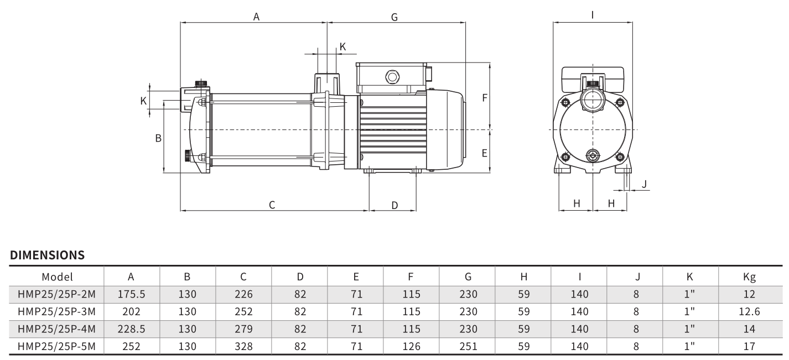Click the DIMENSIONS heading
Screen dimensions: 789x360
click(x=47, y=255)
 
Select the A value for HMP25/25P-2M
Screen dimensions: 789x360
click(x=131, y=294)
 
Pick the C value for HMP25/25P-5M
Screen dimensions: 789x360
click(x=243, y=347)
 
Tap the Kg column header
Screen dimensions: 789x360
click(x=749, y=277)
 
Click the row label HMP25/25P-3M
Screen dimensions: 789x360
click(x=56, y=312)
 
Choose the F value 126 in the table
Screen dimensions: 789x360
click(x=412, y=347)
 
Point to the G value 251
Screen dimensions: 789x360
click(x=468, y=347)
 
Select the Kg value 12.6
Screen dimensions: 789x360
click(x=749, y=312)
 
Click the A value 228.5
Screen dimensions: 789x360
click(x=131, y=329)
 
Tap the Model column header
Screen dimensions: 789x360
click(x=57, y=277)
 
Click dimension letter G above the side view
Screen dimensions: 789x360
click(x=395, y=17)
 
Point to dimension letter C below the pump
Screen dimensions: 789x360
click(x=272, y=205)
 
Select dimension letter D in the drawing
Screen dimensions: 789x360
click(x=395, y=206)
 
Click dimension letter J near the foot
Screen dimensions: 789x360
click(x=645, y=184)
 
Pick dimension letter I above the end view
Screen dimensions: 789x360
click(x=593, y=15)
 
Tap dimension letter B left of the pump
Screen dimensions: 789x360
click(x=158, y=138)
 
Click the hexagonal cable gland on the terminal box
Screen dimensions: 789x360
click(x=392, y=77)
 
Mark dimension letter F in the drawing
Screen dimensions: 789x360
click(x=485, y=98)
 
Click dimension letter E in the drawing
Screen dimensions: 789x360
click(x=485, y=153)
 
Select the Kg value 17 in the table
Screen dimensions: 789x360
click(x=749, y=347)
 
